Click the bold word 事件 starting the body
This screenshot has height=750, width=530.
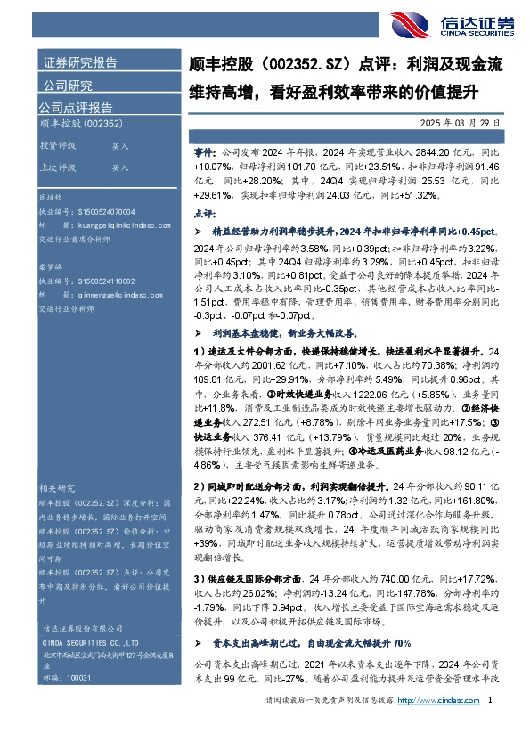pos(204,152)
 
